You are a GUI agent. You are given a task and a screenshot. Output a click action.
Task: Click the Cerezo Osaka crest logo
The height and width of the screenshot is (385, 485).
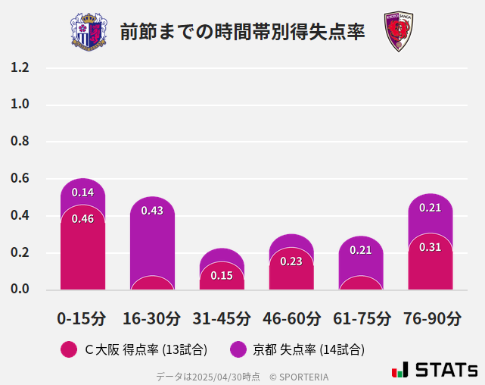point(89,31)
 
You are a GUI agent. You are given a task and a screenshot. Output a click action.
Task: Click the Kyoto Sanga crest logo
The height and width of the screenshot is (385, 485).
point(396,32)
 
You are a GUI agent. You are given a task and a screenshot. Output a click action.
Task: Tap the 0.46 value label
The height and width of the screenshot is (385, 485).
point(82,219)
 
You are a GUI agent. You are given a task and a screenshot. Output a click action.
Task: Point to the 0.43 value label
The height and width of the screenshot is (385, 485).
point(152,211)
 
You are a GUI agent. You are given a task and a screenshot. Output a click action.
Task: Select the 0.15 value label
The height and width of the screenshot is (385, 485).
point(222,275)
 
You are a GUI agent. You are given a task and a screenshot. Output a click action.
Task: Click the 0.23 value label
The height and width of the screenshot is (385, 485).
point(291,261)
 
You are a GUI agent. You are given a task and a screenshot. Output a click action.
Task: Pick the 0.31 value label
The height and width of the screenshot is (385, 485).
point(430,247)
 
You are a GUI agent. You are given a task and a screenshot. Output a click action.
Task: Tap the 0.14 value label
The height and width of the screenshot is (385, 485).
point(82,192)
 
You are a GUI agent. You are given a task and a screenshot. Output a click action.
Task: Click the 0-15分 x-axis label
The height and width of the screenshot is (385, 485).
point(82,318)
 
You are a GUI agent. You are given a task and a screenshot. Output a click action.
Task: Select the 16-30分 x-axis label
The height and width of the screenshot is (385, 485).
point(151,318)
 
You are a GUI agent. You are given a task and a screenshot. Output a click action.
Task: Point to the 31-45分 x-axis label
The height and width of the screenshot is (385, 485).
point(222,318)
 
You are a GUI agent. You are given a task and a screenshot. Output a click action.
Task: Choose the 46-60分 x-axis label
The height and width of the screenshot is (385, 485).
point(291,318)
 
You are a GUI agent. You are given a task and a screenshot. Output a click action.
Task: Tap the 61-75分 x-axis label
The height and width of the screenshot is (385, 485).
point(362,318)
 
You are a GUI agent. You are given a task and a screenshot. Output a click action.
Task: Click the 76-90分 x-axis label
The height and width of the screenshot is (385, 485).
point(431,318)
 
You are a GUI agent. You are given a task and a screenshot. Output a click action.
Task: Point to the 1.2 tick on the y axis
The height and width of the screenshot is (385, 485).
point(20,67)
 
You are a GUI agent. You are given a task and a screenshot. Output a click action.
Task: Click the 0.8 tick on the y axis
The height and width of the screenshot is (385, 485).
point(20,142)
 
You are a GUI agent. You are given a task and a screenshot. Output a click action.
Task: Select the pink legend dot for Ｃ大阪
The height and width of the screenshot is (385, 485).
point(69,349)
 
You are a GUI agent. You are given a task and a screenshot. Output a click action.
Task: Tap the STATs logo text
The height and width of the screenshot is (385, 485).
point(446,370)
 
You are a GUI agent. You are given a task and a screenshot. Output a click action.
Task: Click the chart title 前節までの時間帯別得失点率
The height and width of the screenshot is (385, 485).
point(242,32)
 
